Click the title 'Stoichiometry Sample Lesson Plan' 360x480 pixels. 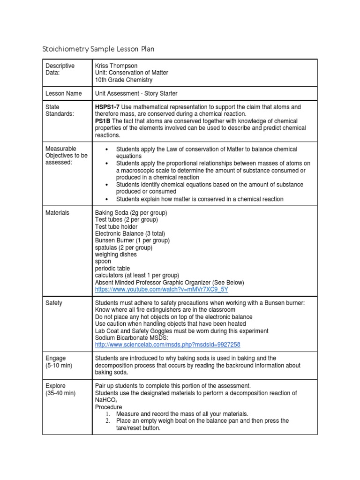point(98,49)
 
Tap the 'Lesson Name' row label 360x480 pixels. point(64,93)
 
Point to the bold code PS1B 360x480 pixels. point(103,121)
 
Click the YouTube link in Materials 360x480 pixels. point(161,290)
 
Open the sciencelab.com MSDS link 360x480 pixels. point(167,345)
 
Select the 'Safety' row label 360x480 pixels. point(54,303)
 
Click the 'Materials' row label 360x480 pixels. point(57,212)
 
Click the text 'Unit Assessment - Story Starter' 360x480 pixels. point(136,93)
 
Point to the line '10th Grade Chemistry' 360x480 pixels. point(124,80)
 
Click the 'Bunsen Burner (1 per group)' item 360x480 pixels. point(132,240)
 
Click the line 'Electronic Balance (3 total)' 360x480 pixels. point(130,233)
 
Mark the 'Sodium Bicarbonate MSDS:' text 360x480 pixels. point(130,337)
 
